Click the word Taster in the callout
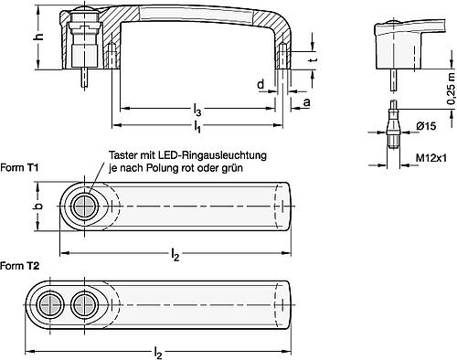pos(125,156)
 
